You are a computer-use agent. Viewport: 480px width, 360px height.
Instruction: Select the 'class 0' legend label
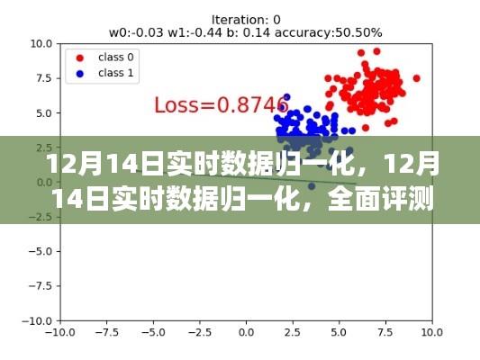pyautogui.click(x=118, y=56)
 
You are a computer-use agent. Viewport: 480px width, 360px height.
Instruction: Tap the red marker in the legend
pyautogui.click(x=81, y=56)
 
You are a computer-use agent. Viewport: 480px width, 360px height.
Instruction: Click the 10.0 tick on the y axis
pyautogui.click(x=38, y=43)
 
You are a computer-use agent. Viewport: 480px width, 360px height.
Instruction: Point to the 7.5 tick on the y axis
pyautogui.click(x=41, y=78)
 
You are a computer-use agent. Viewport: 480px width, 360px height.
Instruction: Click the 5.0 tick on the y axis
pyautogui.click(x=41, y=113)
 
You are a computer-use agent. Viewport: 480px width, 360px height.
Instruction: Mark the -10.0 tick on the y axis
pyautogui.click(x=34, y=320)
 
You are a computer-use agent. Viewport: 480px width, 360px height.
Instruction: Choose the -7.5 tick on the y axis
pyautogui.click(x=36, y=286)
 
